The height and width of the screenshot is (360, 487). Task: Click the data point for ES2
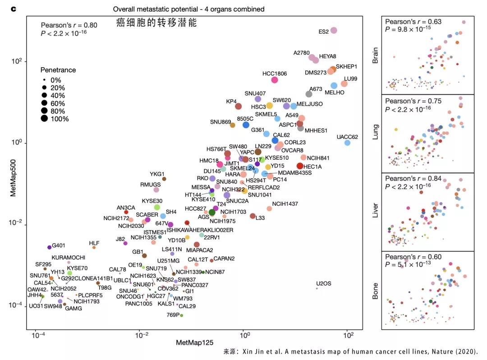pyautogui.click(x=334, y=30)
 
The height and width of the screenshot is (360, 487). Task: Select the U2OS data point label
pyautogui.click(x=323, y=283)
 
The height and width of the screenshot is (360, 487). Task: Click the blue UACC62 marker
pyautogui.click(x=347, y=143)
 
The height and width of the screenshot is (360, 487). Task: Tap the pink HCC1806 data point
pyautogui.click(x=274, y=80)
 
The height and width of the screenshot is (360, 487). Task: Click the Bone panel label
pyautogui.click(x=375, y=291)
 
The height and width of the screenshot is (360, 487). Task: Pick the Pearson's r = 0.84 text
pyautogui.click(x=413, y=178)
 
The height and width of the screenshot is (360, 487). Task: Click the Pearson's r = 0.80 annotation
pyautogui.click(x=69, y=25)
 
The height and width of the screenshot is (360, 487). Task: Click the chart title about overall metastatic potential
pyautogui.click(x=188, y=9)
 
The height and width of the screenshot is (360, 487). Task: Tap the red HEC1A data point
pyautogui.click(x=300, y=166)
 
